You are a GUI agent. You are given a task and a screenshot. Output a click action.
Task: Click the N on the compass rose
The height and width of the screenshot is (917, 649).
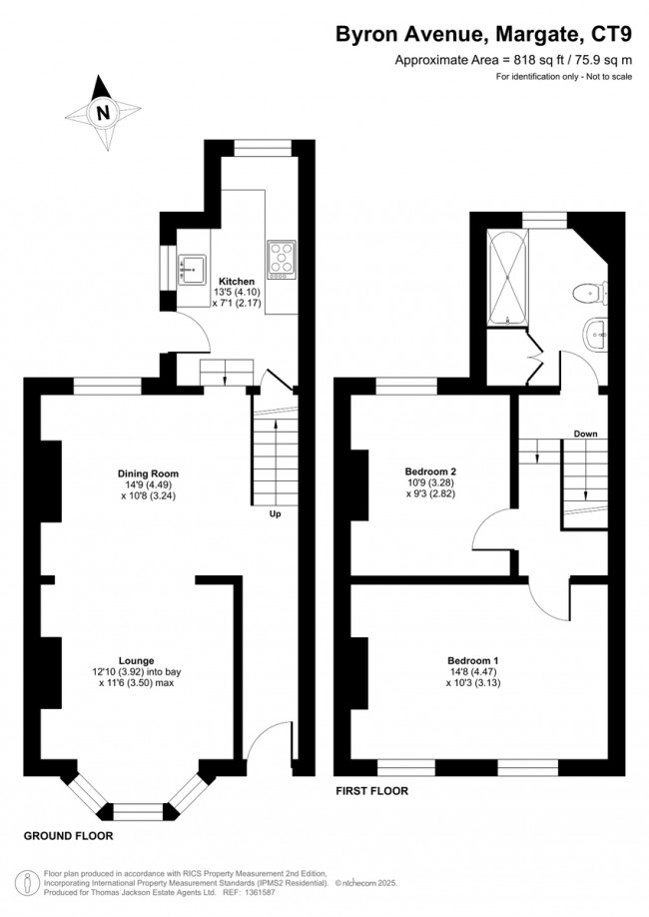click(x=101, y=113)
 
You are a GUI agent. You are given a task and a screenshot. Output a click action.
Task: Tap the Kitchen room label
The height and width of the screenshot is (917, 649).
click(x=237, y=282)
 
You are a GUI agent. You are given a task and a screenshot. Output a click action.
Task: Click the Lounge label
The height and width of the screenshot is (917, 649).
click(x=136, y=660)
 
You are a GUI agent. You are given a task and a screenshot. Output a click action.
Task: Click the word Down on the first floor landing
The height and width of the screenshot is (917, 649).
click(x=585, y=434)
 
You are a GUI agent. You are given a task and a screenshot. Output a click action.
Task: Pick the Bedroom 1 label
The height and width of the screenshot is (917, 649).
click(x=472, y=660)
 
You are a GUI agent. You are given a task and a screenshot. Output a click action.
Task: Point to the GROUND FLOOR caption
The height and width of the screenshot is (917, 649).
click(x=68, y=836)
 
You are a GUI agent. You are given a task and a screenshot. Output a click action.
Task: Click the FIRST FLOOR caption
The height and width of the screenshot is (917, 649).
click(x=370, y=790)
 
